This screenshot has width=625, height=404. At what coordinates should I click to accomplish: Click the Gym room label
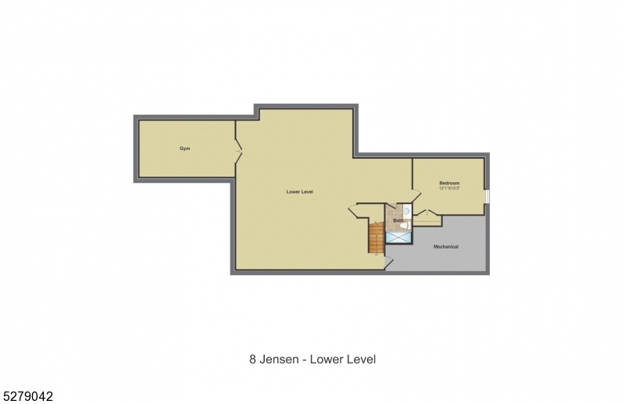(x=185, y=148)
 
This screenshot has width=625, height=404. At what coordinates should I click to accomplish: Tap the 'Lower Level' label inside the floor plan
(x=299, y=191)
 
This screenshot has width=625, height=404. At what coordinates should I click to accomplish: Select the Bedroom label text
(x=449, y=183)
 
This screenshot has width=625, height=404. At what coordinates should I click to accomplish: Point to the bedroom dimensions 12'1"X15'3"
(x=449, y=188)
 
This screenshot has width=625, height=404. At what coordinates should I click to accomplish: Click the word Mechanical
(x=446, y=247)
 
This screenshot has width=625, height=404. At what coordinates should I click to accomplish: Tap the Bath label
(x=398, y=220)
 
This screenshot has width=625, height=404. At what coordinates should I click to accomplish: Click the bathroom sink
(x=407, y=211)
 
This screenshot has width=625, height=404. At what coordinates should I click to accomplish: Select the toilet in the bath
(x=407, y=225)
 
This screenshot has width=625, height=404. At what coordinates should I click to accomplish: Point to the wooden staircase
(x=377, y=238)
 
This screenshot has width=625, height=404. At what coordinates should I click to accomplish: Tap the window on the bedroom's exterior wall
(x=487, y=196)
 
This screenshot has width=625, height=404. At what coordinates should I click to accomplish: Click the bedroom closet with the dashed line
(x=427, y=220)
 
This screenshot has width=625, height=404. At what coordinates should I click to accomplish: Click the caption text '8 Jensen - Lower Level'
(x=312, y=359)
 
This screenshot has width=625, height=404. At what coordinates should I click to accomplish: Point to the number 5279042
(x=27, y=396)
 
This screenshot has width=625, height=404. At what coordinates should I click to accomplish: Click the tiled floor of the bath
(x=393, y=213)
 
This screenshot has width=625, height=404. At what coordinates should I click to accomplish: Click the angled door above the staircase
(x=355, y=211)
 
